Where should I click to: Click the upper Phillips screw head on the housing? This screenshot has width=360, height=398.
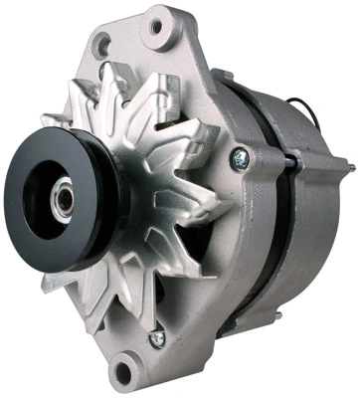(x=239, y=155)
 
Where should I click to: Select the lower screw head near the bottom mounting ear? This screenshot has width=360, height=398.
(x=156, y=339)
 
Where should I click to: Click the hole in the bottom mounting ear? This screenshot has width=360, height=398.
(x=123, y=374)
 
